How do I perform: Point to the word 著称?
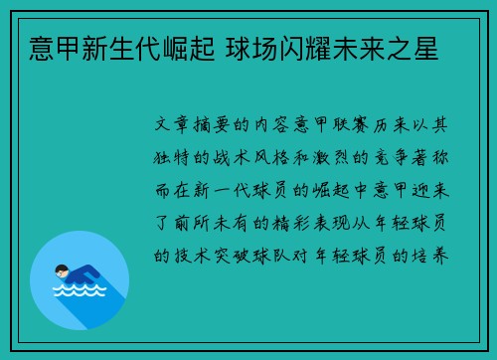[x=433, y=158]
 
